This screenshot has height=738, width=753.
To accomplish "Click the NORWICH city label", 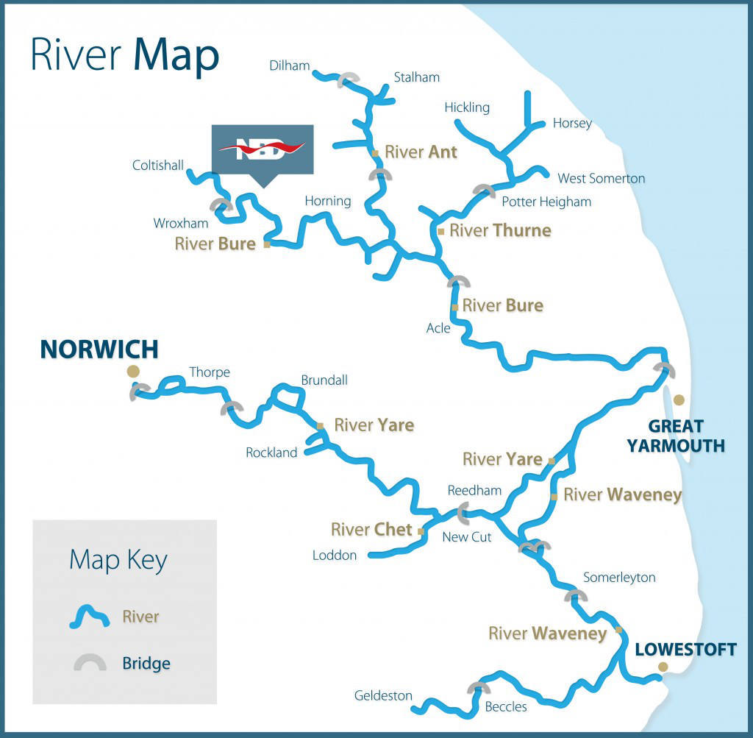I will click(x=99, y=349).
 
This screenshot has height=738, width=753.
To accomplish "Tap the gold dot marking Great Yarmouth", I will click(x=679, y=400).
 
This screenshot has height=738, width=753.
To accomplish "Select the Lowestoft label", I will click(x=685, y=649).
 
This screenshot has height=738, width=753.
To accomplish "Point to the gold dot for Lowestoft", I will click(x=663, y=667).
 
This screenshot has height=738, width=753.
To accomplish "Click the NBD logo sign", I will click(x=263, y=149).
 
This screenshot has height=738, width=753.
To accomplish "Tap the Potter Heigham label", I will click(x=546, y=202).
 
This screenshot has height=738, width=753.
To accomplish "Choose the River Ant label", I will click(x=421, y=152).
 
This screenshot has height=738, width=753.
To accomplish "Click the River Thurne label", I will click(x=500, y=230).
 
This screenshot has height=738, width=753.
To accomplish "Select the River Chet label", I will click(x=371, y=530).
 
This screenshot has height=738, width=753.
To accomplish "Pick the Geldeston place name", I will click(x=383, y=695).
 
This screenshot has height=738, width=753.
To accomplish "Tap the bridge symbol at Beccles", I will click(x=478, y=688).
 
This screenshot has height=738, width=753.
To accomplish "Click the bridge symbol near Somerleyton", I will click(x=575, y=595).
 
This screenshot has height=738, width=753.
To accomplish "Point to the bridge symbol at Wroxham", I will click(x=221, y=205).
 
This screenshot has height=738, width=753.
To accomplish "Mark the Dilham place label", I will click(x=290, y=65).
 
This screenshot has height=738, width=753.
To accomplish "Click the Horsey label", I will click(x=572, y=123).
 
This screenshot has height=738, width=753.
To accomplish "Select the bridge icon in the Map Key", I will click(x=89, y=662).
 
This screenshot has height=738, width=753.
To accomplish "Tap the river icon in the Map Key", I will click(x=89, y=616).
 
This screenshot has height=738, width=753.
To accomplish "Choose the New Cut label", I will click(x=466, y=537).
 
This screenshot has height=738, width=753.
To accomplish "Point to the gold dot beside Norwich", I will click(x=133, y=371).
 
